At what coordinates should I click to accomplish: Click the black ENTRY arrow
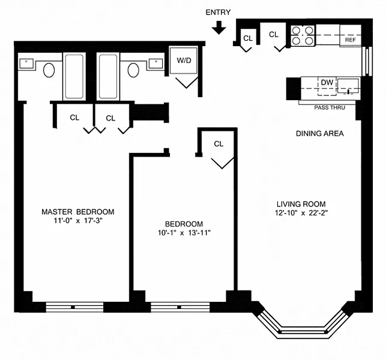[219, 28]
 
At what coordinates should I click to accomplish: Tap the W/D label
[184, 60]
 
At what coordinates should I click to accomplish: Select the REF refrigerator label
[351, 40]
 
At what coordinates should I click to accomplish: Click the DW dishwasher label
[327, 82]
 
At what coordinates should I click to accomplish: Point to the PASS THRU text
[330, 107]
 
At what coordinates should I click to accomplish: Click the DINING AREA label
[319, 133]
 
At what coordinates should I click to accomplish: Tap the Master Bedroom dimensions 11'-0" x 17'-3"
[78, 220]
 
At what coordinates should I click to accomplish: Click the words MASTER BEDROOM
[78, 212]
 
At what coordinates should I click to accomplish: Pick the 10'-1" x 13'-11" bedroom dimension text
[184, 233]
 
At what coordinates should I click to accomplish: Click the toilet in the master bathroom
[49, 70]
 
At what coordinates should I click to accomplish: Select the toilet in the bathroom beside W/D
[133, 70]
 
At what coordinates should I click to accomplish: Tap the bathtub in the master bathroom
[74, 77]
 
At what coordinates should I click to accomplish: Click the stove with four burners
[303, 35]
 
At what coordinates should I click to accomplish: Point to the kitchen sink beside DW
[348, 86]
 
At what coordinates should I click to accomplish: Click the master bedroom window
[74, 307]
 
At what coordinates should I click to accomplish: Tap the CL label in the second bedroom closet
[219, 144]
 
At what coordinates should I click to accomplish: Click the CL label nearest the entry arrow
[248, 38]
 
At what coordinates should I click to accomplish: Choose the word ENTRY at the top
[218, 13]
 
